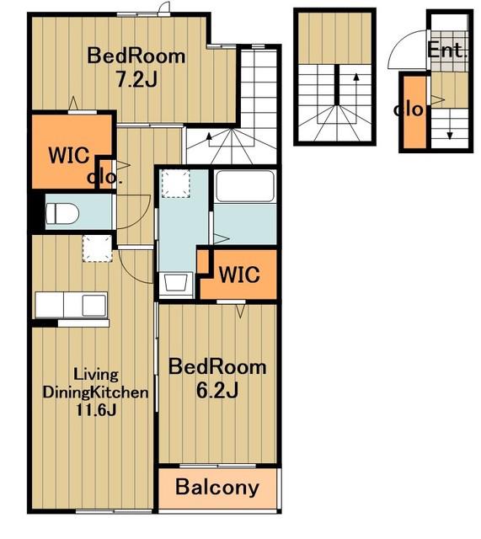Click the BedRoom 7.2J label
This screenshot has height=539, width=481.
pyautogui.click(x=136, y=67)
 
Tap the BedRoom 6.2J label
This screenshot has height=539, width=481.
pyautogui.click(x=217, y=378)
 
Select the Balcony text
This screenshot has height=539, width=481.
pyautogui.click(x=217, y=487)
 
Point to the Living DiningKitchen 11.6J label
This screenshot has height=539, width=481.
pyautogui.click(x=95, y=392)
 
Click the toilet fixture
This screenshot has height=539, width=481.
pyautogui.click(x=62, y=213)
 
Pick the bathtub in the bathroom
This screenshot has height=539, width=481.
pyautogui.click(x=245, y=185)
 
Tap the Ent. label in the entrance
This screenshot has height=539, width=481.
pyautogui.click(x=447, y=51)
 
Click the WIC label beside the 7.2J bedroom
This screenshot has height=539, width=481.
pyautogui.click(x=69, y=155)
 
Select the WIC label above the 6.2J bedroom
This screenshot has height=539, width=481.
pyautogui.click(x=239, y=275)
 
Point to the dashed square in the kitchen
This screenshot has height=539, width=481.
pyautogui.click(x=98, y=248)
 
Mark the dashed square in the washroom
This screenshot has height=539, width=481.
pyautogui.click(x=176, y=184)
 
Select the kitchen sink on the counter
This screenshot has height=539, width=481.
pyautogui.click(x=94, y=305)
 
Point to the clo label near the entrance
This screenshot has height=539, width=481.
pyautogui.click(x=409, y=109)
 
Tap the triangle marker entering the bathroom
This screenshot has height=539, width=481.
pyautogui.click(x=222, y=238)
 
